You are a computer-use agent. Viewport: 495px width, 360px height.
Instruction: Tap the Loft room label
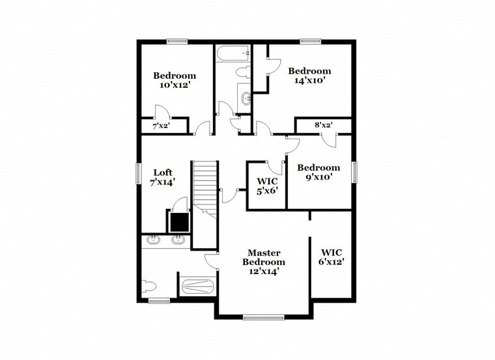(163, 173)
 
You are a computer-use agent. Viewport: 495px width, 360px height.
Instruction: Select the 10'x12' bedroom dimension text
(174, 85)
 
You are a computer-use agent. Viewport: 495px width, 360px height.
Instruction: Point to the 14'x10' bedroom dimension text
(309, 81)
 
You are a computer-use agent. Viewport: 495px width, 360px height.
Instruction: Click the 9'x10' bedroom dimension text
(318, 176)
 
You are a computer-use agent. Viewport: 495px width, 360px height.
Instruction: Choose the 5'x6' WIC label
(267, 191)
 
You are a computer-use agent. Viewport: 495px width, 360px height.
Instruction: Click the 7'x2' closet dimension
(160, 126)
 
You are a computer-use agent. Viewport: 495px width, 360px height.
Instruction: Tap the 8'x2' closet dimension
(323, 124)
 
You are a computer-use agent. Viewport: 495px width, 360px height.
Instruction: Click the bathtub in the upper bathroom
(233, 52)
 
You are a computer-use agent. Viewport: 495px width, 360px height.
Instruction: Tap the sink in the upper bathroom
(246, 99)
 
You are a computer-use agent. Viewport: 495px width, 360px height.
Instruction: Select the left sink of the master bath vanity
(154, 239)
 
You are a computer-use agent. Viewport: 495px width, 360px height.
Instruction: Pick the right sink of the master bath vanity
(177, 239)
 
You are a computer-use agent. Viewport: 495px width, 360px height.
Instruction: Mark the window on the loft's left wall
(138, 173)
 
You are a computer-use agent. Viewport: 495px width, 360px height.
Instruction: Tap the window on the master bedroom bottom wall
(264, 318)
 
